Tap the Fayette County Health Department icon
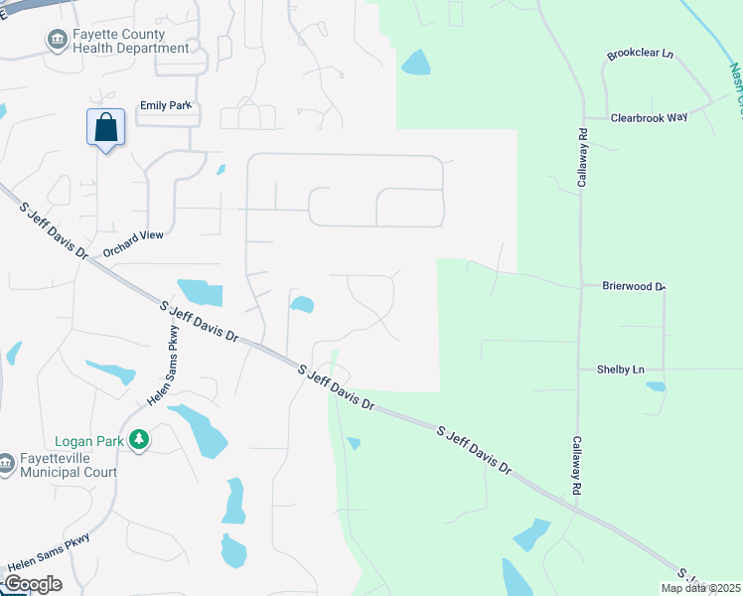[57, 40]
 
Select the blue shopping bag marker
[105, 128]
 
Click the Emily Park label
[164, 105]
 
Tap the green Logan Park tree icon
[140, 439]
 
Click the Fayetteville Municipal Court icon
[6, 464]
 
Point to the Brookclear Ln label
[642, 57]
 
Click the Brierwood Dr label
[633, 286]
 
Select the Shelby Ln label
[620, 370]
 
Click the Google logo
[33, 584]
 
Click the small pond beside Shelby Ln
[656, 385]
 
